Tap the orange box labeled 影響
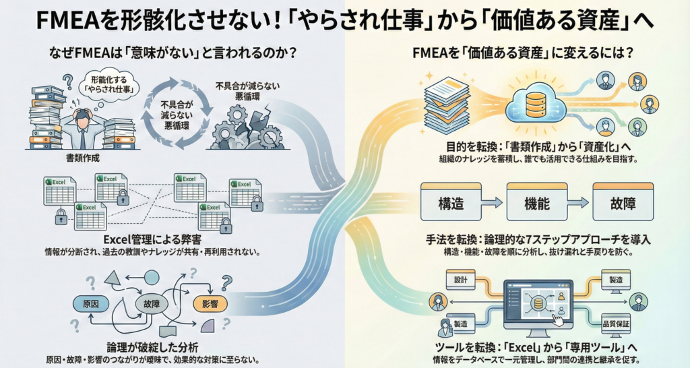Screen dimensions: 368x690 tap(206, 303)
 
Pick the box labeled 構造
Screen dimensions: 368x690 tap(449, 201)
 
